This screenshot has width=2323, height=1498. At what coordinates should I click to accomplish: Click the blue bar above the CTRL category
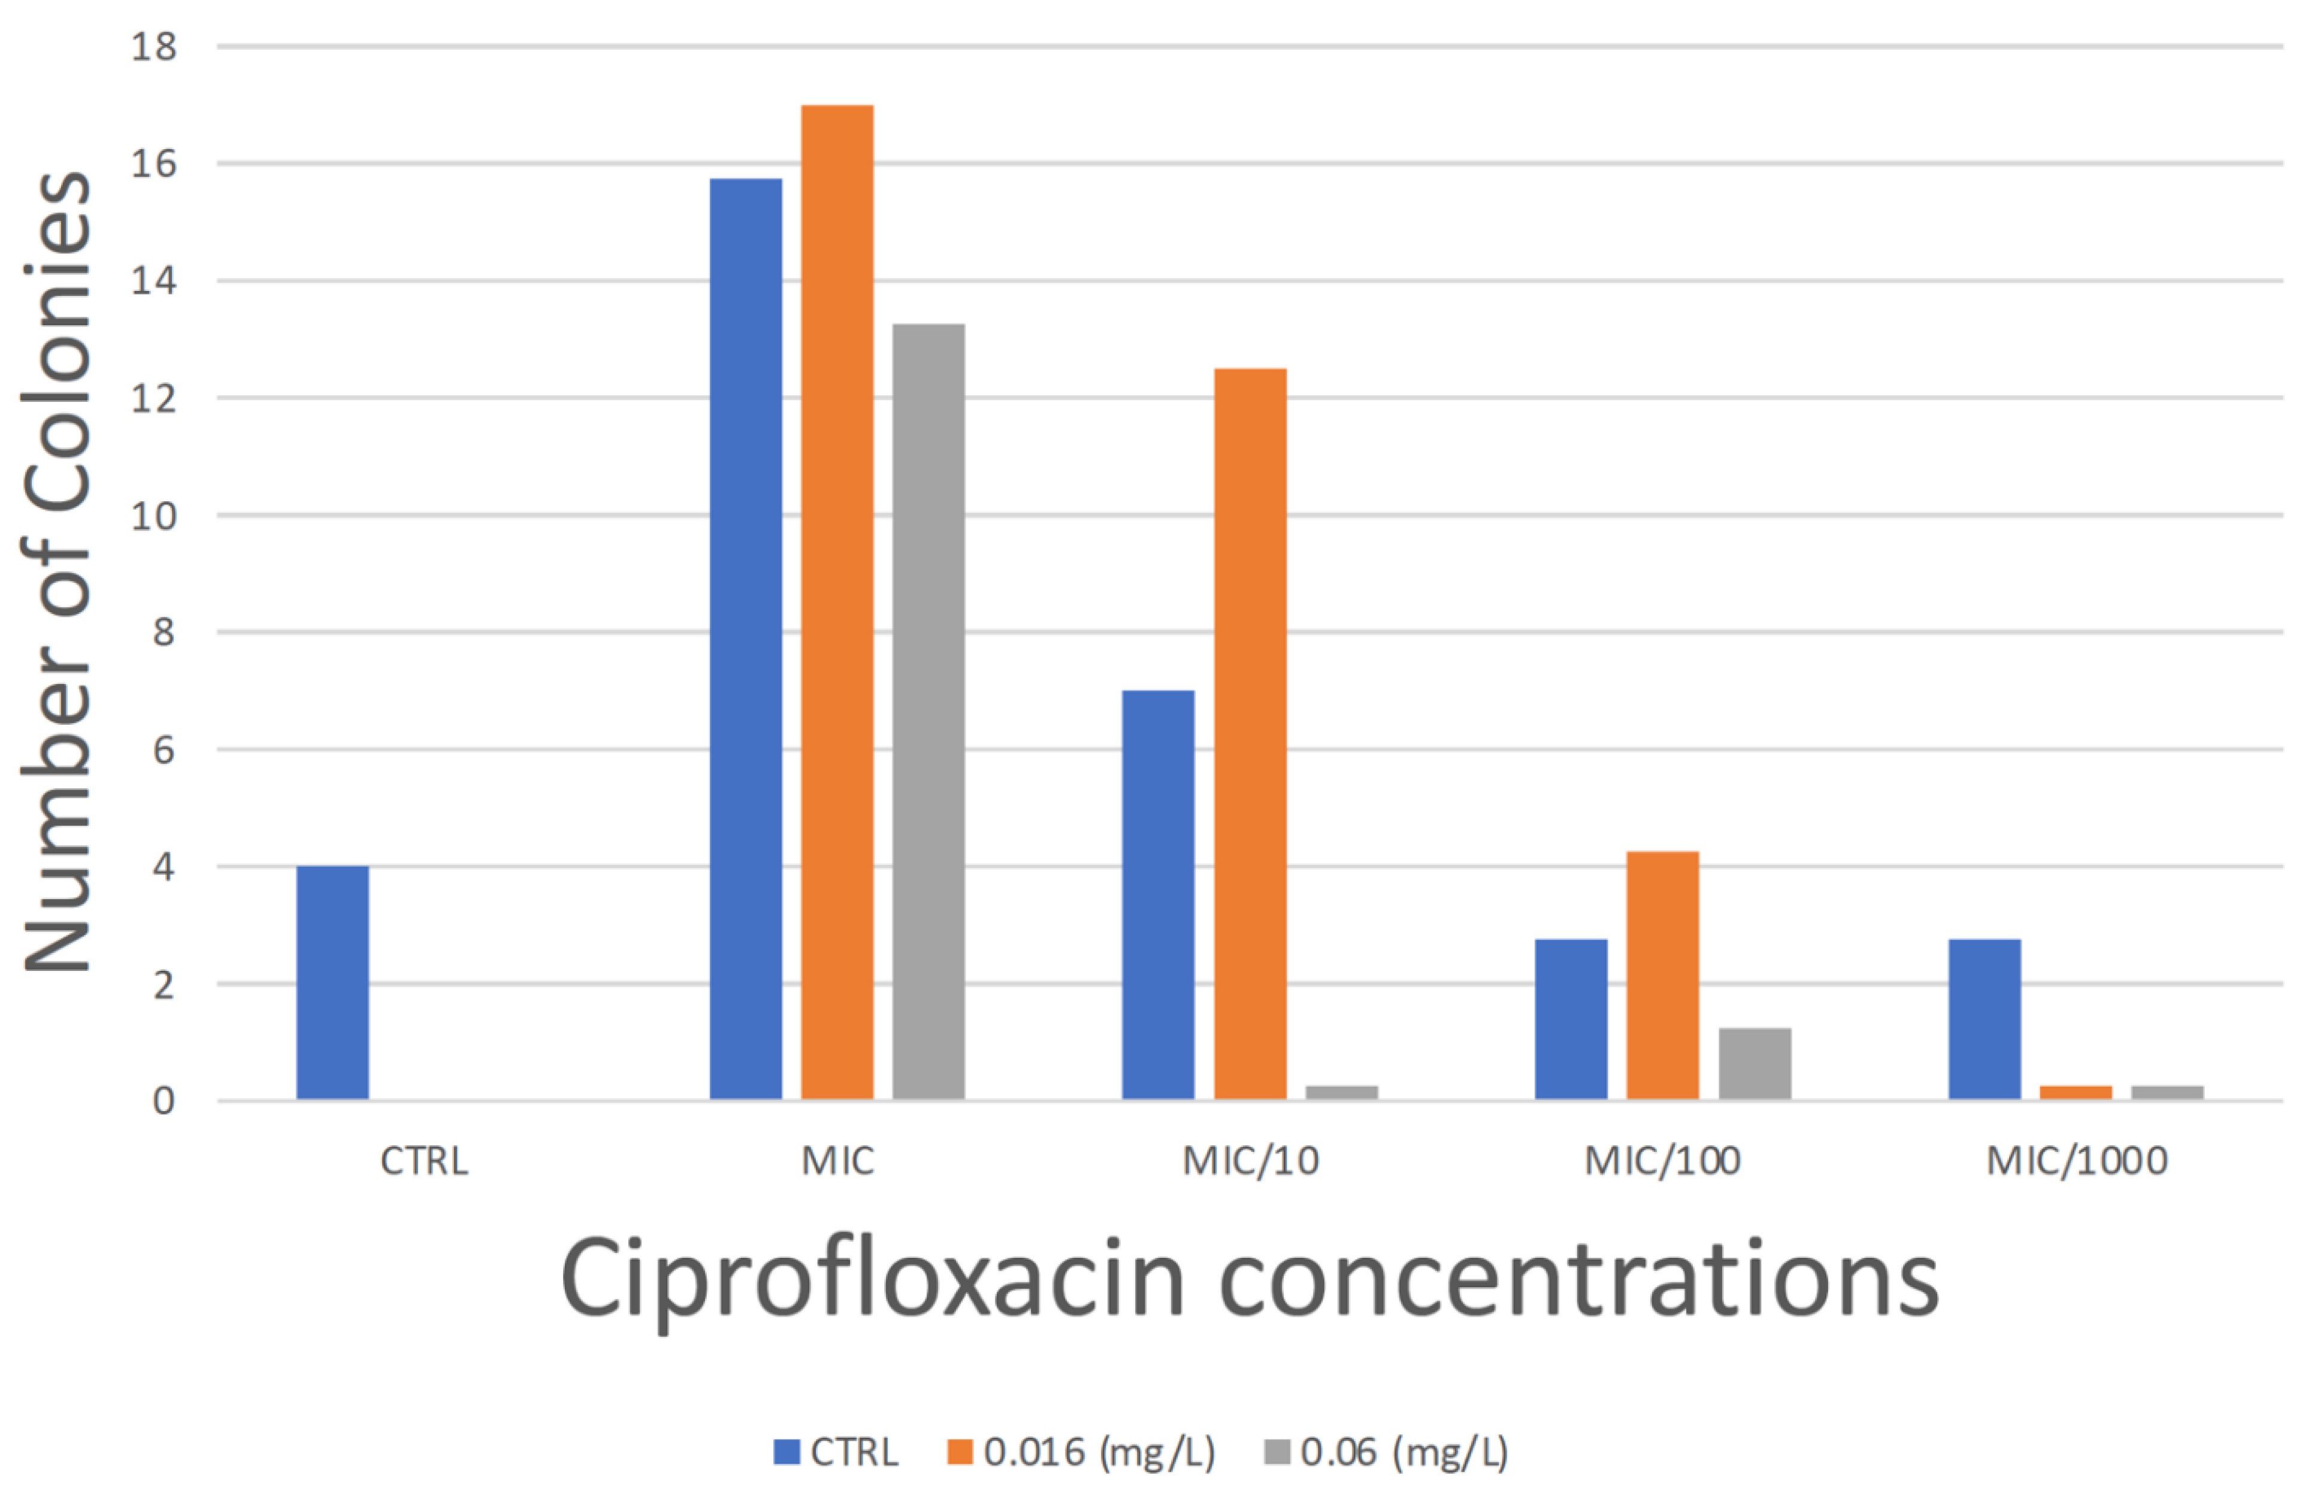click(332, 982)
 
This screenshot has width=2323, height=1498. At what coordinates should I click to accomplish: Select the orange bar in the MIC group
click(837, 603)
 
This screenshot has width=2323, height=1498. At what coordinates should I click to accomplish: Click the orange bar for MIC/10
click(1250, 734)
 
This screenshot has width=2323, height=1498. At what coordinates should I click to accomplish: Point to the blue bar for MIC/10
click(1158, 895)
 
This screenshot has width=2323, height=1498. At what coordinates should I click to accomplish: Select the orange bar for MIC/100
click(1662, 976)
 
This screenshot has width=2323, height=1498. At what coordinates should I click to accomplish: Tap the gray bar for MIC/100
click(1754, 1063)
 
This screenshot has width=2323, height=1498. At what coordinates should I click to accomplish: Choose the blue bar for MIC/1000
click(1985, 1019)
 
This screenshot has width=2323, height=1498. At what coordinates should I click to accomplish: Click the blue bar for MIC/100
click(1571, 1019)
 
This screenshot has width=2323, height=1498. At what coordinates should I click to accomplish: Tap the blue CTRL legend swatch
click(786, 1451)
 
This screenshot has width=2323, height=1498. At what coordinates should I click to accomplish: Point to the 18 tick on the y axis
click(154, 46)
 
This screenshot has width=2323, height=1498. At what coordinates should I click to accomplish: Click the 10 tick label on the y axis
click(154, 516)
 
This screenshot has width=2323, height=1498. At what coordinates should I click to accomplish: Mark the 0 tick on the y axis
click(164, 1101)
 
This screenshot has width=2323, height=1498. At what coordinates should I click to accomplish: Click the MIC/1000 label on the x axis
click(2077, 1160)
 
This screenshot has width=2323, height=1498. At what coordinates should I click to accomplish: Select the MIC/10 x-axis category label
click(1250, 1160)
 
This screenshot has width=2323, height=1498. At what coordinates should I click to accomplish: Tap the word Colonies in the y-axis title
click(56, 340)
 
